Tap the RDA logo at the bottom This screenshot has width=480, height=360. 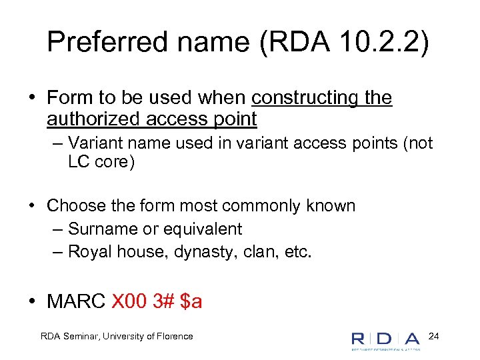click(x=386, y=338)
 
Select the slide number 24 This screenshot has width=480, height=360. click(x=434, y=335)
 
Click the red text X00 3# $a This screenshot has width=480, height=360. click(x=157, y=301)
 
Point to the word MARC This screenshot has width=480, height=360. click(x=76, y=301)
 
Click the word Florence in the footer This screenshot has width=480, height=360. click(x=173, y=336)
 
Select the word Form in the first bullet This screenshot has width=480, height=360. click(x=70, y=97)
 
